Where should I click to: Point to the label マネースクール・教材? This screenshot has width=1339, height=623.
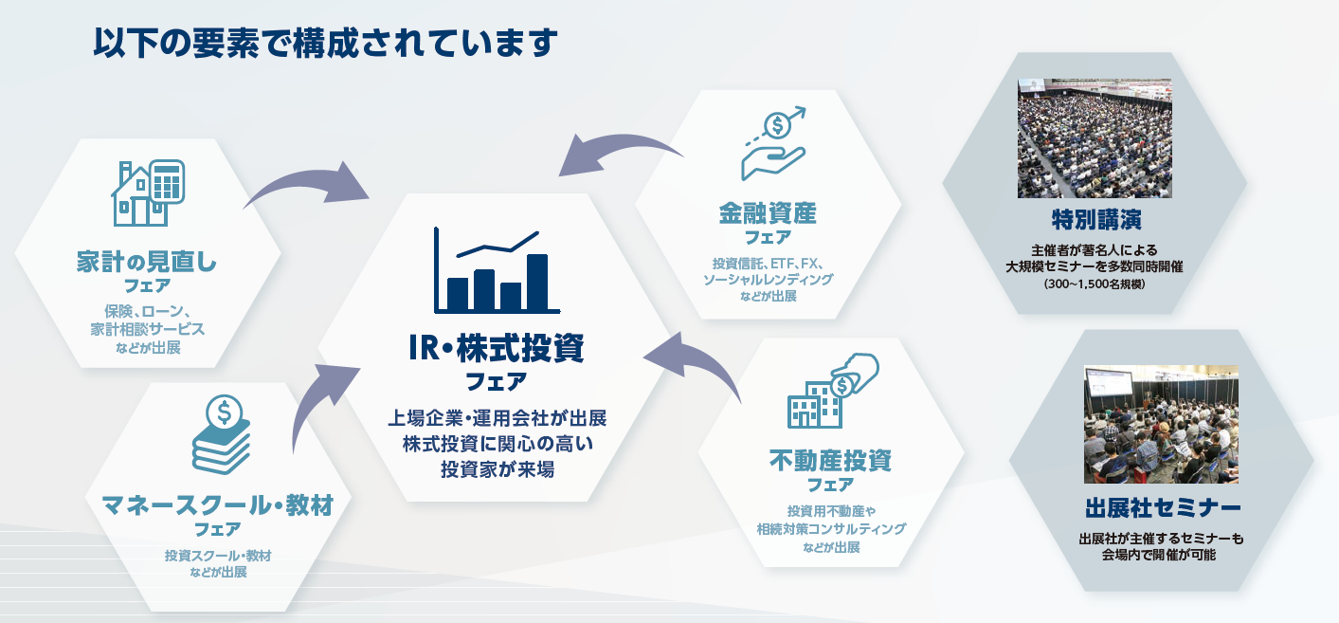[217, 504]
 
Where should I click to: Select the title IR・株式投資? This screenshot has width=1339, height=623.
[496, 349]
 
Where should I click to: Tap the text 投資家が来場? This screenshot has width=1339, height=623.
[496, 468]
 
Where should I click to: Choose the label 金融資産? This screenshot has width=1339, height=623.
[768, 212]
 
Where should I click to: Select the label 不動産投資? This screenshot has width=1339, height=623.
[831, 462]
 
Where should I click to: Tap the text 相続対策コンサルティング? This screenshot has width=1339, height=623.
[831, 529]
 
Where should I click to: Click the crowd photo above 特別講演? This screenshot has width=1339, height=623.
[1095, 138]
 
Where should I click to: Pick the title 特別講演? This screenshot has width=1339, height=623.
[1095, 220]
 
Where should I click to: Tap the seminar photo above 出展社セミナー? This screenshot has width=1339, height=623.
[1161, 424]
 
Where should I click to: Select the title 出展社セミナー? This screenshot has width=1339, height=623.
[1161, 505]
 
